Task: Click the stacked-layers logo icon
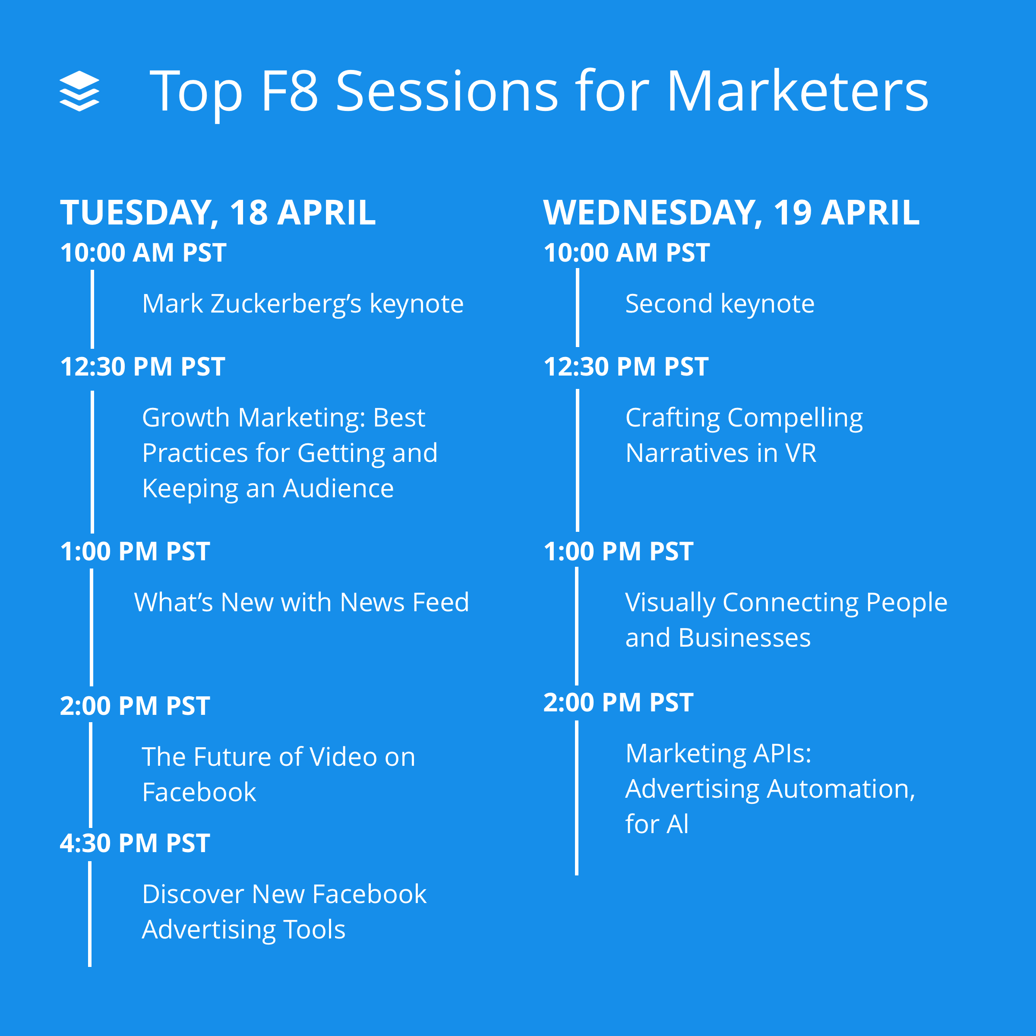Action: click(x=79, y=91)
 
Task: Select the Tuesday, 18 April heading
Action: click(x=218, y=212)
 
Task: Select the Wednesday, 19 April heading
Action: click(x=731, y=212)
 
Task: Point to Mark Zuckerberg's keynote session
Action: click(x=303, y=303)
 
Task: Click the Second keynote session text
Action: click(x=720, y=303)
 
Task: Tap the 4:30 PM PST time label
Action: click(x=135, y=843)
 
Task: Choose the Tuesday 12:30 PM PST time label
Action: click(x=142, y=367)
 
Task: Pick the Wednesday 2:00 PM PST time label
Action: click(x=618, y=702)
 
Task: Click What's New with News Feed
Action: click(x=301, y=602)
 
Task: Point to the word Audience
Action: click(x=338, y=489)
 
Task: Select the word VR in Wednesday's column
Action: click(x=801, y=453)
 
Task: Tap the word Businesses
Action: click(x=744, y=638)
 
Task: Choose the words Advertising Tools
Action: click(x=243, y=929)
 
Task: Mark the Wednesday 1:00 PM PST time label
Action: click(x=618, y=551)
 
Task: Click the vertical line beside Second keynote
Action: click(x=578, y=308)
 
